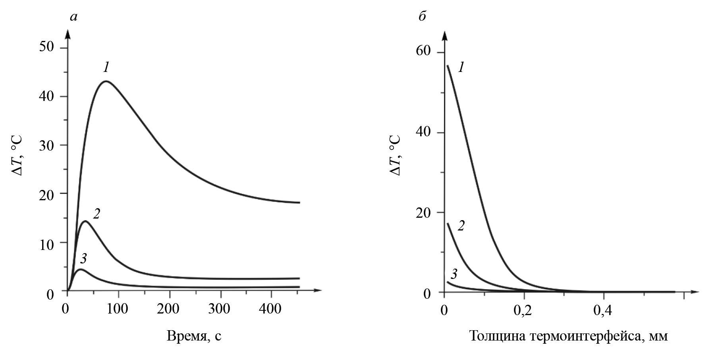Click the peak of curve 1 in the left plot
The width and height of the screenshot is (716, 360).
(106, 81)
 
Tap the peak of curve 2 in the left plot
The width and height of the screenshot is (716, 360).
(85, 221)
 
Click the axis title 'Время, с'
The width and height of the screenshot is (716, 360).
(194, 336)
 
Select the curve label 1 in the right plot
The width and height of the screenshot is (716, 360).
(461, 68)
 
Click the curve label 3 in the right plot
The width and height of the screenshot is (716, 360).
(454, 274)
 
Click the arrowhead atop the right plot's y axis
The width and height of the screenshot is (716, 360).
(444, 37)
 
